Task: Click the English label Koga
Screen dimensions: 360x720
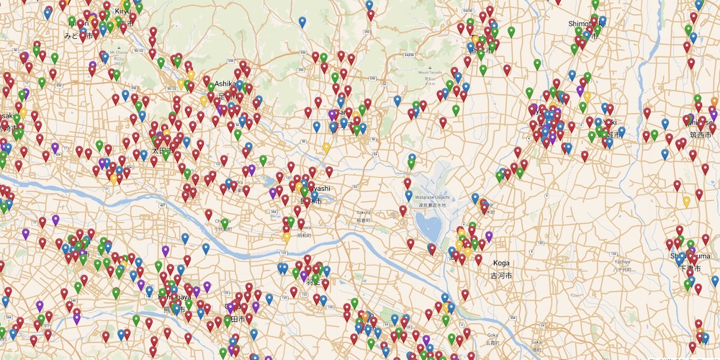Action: click(x=501, y=264)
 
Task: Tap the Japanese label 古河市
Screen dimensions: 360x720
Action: click(x=501, y=276)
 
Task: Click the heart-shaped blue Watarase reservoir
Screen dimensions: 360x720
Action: click(x=430, y=230)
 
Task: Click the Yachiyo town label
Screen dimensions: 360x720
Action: click(x=624, y=261)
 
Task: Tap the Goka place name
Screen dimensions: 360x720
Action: click(x=492, y=335)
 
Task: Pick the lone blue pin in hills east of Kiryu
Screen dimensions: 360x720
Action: click(x=302, y=22)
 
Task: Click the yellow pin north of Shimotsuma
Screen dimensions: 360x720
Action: click(x=686, y=202)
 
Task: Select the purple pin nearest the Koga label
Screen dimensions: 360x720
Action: click(x=489, y=236)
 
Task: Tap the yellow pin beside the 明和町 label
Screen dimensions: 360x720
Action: click(x=287, y=236)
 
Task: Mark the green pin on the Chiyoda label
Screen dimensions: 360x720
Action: click(x=225, y=224)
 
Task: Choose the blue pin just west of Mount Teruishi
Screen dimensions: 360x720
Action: click(x=397, y=101)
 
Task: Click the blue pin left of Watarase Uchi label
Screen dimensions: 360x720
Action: click(x=408, y=195)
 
